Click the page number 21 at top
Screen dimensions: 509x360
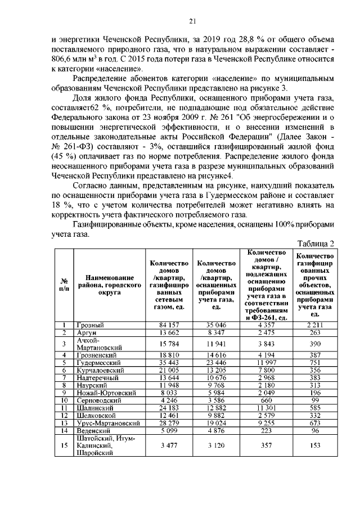(x=192, y=22)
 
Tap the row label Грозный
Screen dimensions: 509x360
(x=89, y=325)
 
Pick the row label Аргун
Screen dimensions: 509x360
(x=87, y=333)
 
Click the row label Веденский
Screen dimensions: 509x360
(x=94, y=430)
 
